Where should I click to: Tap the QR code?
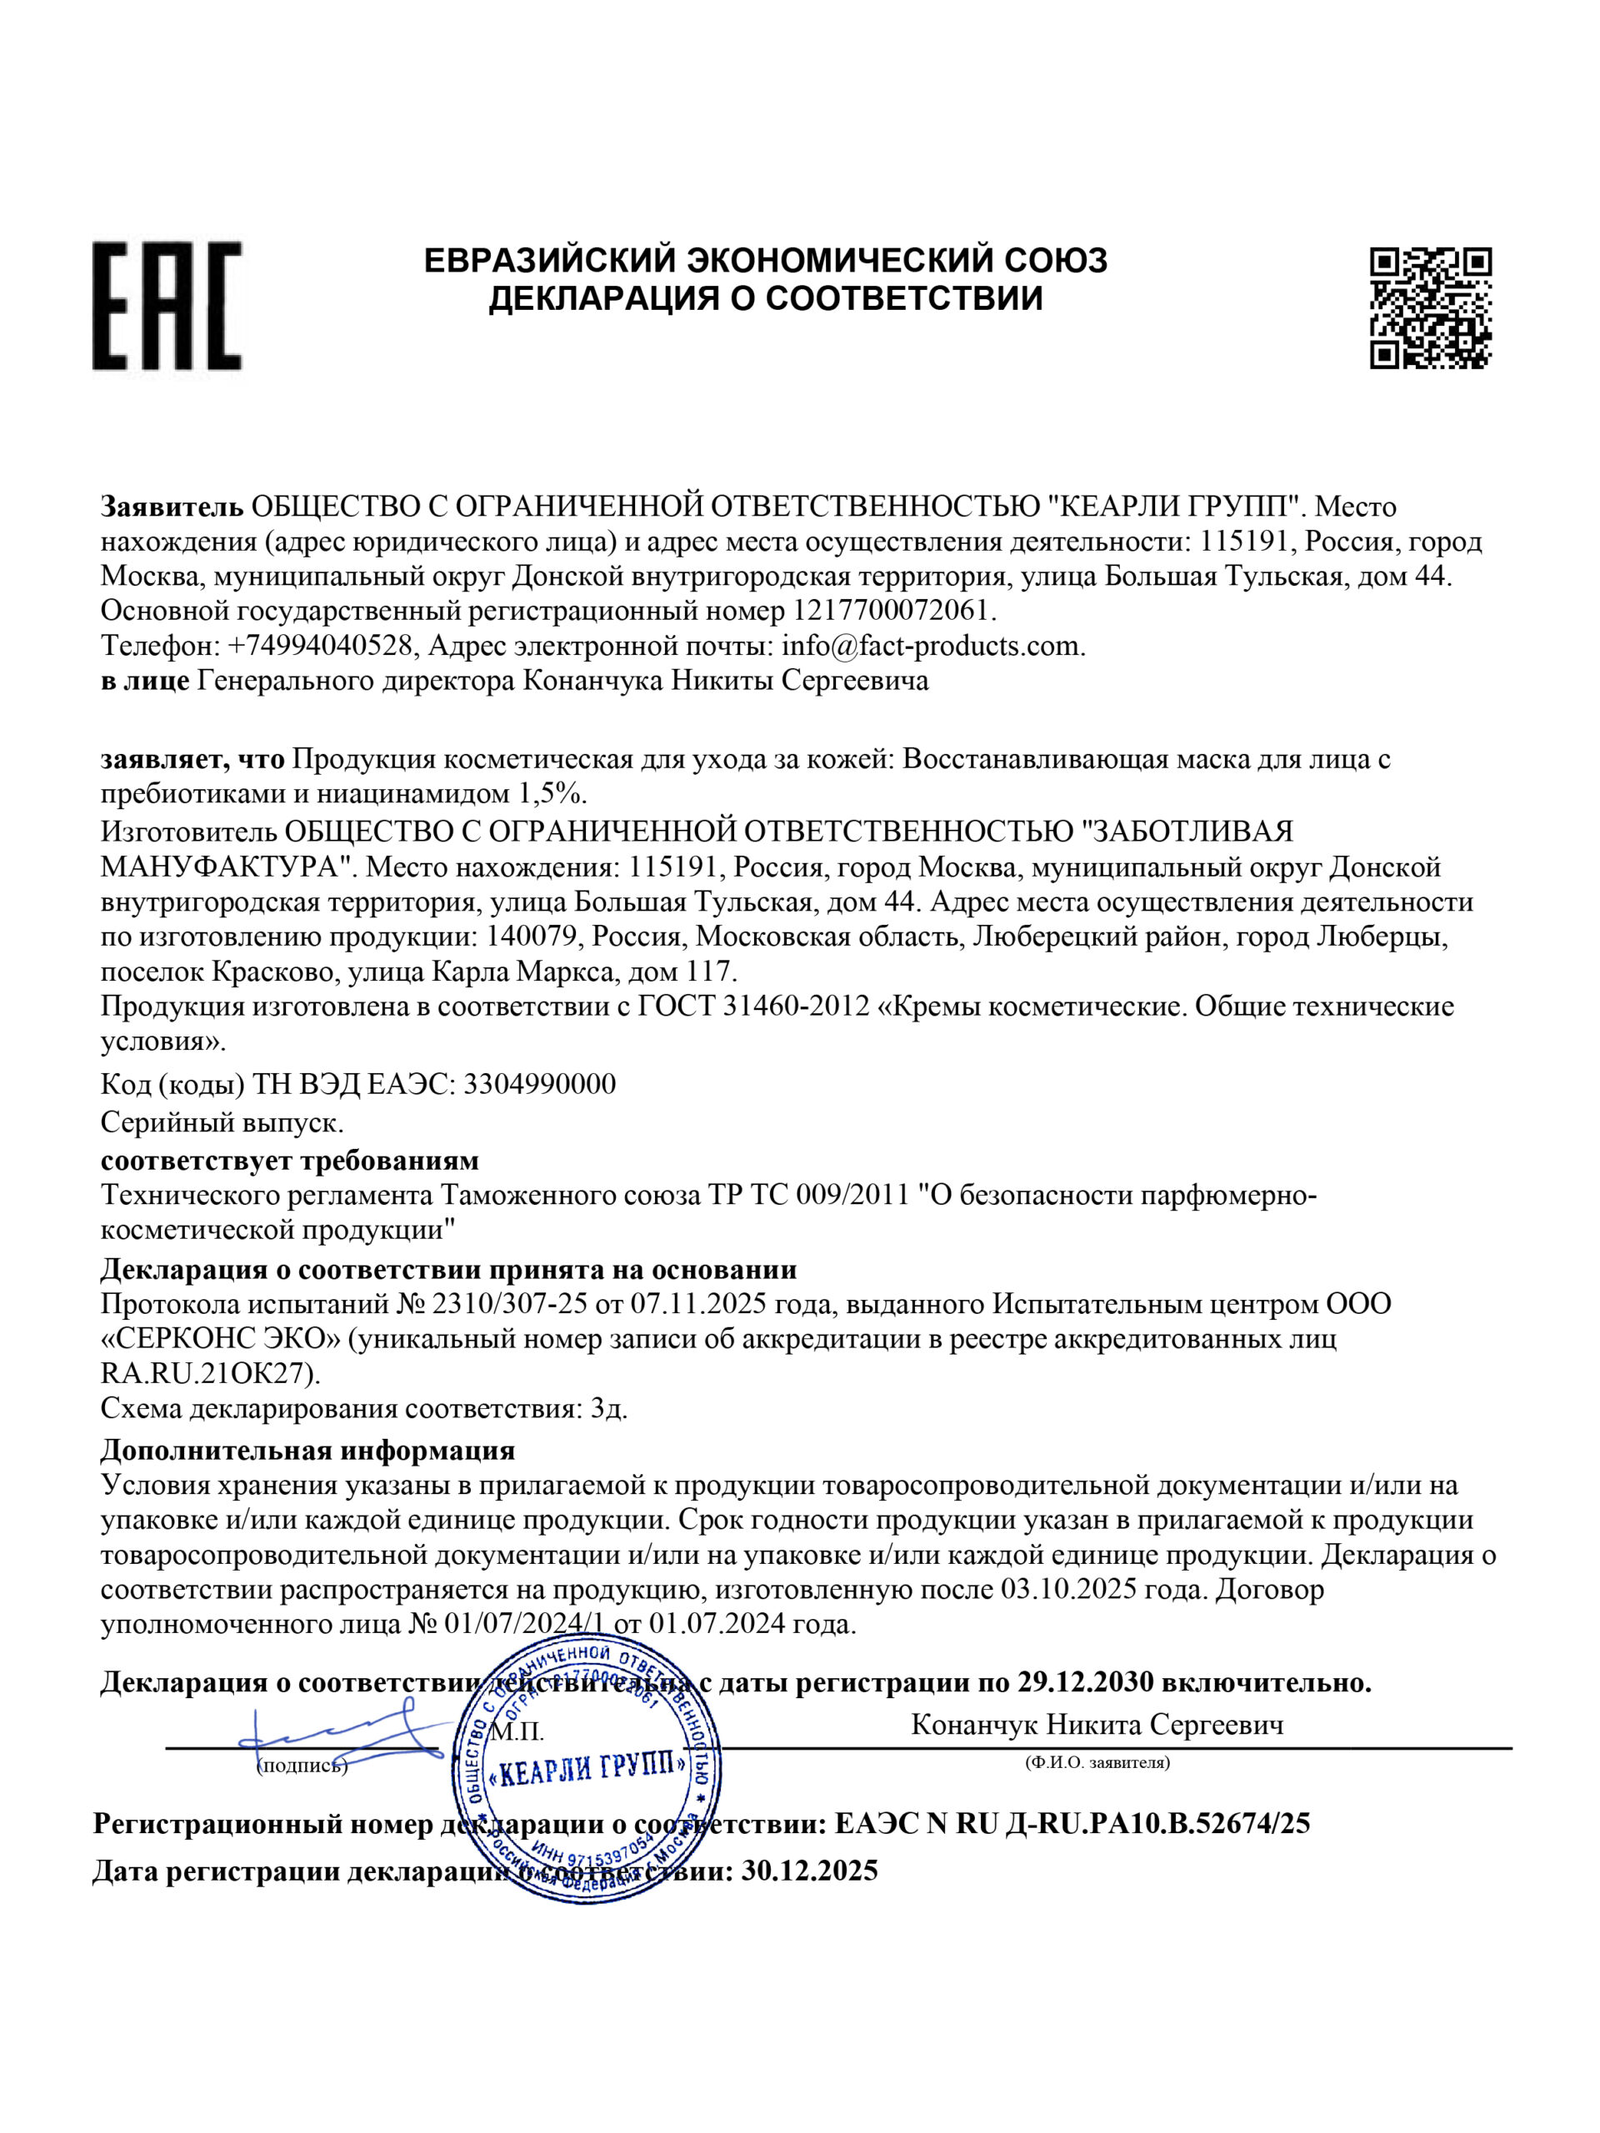point(1430,307)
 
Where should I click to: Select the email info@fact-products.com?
point(932,645)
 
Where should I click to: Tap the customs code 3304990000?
point(539,1085)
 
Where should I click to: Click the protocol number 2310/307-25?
point(509,1305)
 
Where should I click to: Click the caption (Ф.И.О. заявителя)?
point(1097,1763)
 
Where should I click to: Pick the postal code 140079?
point(533,937)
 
